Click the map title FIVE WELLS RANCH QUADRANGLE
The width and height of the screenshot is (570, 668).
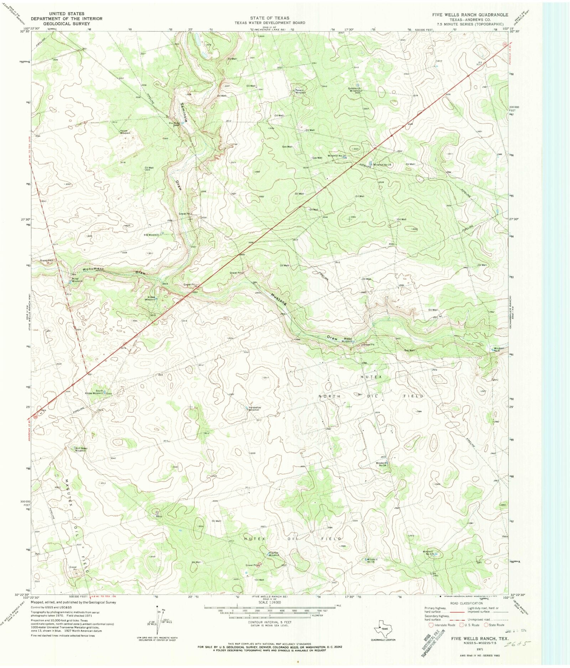point(470,15)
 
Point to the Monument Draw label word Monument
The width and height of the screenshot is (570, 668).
point(93,269)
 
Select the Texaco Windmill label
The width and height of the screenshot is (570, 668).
point(300,91)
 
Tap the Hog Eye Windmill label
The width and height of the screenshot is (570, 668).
point(274,554)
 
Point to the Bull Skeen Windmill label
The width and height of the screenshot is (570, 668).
point(81,449)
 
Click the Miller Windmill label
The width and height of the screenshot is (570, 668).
point(77,280)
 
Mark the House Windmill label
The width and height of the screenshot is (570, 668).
point(125,132)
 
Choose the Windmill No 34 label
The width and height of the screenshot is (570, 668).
point(382,464)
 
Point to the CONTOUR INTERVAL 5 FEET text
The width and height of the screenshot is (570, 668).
point(269,622)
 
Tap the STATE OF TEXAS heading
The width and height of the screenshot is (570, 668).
point(269,18)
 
